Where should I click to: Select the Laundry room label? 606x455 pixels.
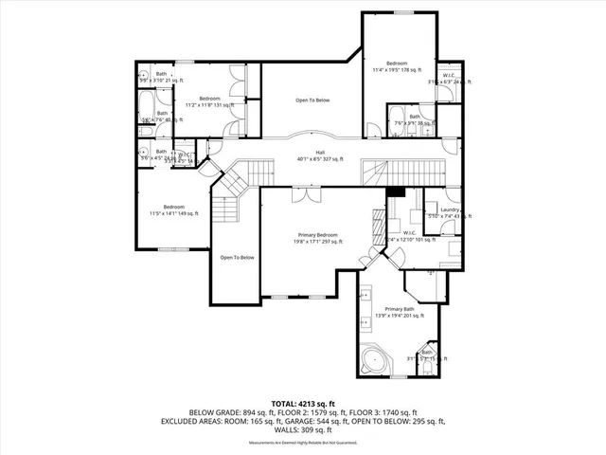pyautogui.click(x=450, y=209)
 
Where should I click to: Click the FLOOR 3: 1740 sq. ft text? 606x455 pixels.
pyautogui.click(x=389, y=411)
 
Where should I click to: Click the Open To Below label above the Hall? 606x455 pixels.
pyautogui.click(x=312, y=100)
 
